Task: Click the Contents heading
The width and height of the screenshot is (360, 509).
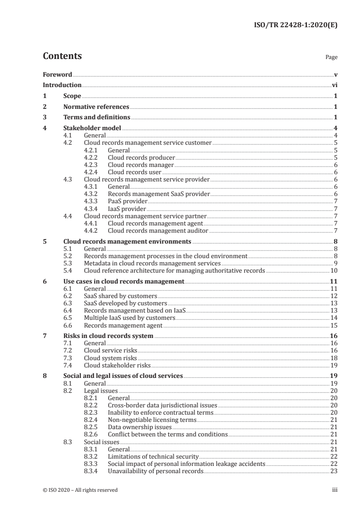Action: (x=62, y=56)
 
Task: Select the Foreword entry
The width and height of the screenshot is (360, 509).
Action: (x=57, y=74)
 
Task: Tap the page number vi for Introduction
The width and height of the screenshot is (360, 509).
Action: (x=335, y=85)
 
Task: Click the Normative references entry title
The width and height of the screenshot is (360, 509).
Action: (x=96, y=107)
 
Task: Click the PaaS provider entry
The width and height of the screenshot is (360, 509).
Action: (x=128, y=201)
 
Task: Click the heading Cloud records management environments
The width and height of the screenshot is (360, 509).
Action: (x=127, y=242)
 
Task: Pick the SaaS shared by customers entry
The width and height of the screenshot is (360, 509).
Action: (x=117, y=296)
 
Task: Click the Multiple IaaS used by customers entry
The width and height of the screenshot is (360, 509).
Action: (x=129, y=318)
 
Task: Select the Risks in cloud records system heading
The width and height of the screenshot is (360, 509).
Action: (x=108, y=336)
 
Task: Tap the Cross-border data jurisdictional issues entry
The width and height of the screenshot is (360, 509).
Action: (x=163, y=405)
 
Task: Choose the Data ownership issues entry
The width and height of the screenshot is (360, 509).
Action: (x=140, y=427)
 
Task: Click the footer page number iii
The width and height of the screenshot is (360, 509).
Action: (x=335, y=490)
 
